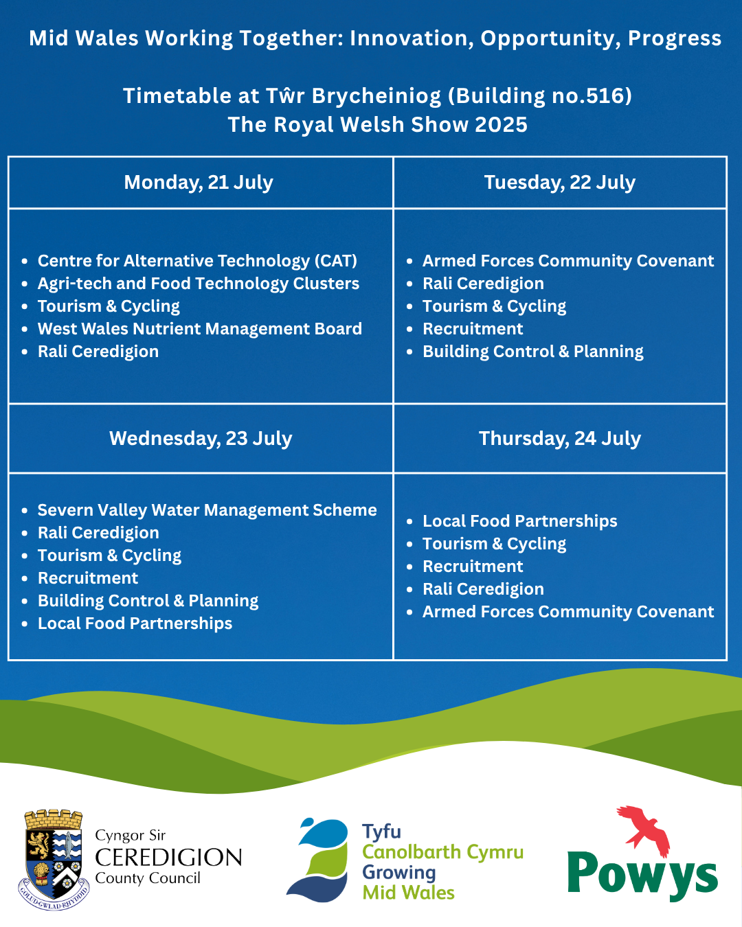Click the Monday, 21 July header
[x=199, y=182]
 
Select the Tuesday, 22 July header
[x=560, y=182]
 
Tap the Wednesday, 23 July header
[x=201, y=439]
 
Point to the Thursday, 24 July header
[x=560, y=439]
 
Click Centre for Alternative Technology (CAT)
[x=197, y=261]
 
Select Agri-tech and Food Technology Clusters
[x=199, y=284]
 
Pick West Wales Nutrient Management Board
[x=200, y=329]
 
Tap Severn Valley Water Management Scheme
[x=207, y=510]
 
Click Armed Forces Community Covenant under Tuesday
[x=568, y=261]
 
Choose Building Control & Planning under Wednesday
[x=148, y=601]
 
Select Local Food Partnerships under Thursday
[x=519, y=521]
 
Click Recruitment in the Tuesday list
[x=473, y=329]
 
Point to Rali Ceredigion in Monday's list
[x=98, y=352]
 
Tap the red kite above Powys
[x=644, y=829]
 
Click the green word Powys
[x=642, y=875]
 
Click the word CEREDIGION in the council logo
[x=168, y=857]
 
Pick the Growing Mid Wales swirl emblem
[x=317, y=860]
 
